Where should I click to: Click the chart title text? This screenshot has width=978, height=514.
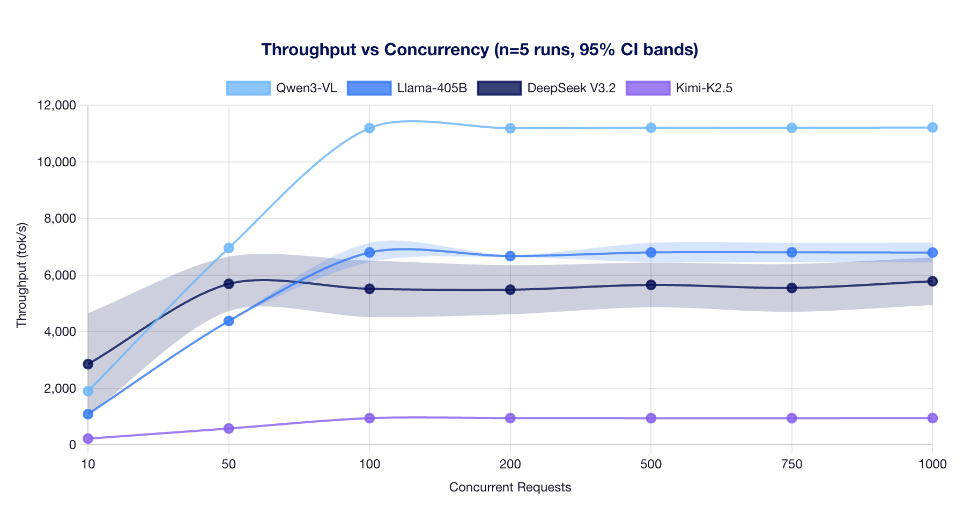479,49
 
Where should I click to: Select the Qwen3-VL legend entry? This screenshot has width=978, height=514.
282,88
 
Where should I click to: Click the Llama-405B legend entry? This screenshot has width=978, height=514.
407,88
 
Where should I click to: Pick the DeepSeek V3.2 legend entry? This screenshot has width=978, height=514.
546,88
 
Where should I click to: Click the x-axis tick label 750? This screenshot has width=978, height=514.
792,465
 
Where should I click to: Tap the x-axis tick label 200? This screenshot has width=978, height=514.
510,465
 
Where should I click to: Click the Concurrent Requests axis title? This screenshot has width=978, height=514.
510,487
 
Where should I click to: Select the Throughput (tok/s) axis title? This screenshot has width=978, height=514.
21,275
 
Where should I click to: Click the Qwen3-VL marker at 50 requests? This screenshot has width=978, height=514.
229,248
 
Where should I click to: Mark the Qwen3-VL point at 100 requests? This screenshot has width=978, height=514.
369,128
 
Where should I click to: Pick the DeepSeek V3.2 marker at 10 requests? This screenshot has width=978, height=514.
88,364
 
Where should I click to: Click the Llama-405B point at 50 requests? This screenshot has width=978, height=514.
229,321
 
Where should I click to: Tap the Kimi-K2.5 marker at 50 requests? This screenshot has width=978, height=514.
229,428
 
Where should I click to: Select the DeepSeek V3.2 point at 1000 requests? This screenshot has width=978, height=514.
932,281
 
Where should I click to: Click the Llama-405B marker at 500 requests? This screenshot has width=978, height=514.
651,252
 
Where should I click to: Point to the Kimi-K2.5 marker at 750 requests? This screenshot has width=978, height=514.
792,418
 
